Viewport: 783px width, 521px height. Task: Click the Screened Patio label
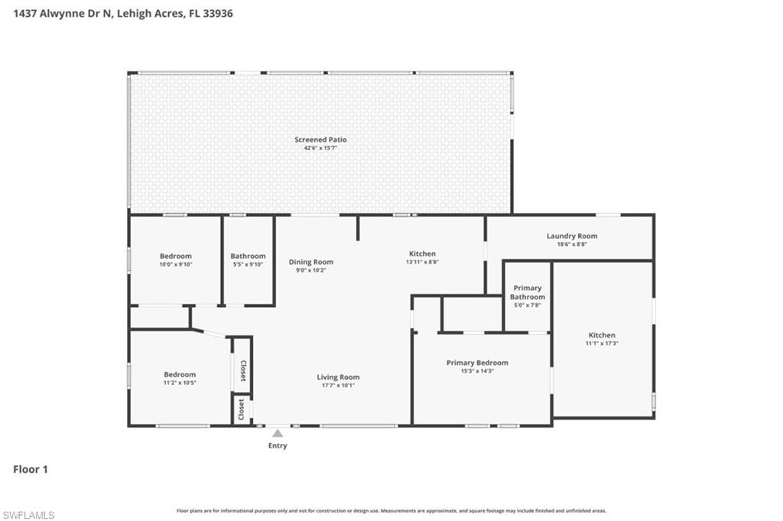point(320,140)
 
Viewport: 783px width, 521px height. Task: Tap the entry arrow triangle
point(278,433)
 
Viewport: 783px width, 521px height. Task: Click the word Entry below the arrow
point(278,445)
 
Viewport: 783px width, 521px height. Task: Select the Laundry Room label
point(571,236)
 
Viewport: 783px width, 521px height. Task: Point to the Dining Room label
point(310,262)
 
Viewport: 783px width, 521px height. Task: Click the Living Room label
point(338,377)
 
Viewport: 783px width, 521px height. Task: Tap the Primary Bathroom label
point(528,293)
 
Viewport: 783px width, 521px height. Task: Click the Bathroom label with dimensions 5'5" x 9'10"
point(248,256)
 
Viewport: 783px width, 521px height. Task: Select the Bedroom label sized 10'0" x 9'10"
point(175,256)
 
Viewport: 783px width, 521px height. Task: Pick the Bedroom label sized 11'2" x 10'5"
point(180,374)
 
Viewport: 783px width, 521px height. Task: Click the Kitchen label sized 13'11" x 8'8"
point(422,254)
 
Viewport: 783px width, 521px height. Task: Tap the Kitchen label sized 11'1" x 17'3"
point(602,335)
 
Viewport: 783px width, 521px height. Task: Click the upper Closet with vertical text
point(243,370)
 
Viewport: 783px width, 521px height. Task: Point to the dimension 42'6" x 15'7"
point(320,147)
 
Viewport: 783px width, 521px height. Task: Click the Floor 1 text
point(31,469)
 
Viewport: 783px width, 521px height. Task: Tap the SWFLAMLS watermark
point(28,515)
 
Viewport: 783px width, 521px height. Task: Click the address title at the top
point(123,13)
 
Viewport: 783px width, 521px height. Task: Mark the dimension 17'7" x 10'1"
point(338,385)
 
